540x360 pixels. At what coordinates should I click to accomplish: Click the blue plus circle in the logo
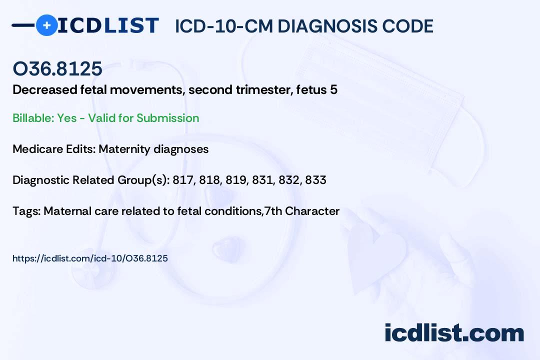tap(46, 25)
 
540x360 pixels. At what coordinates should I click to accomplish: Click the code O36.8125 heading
tap(57, 68)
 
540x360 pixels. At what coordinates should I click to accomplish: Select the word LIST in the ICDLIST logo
tap(131, 25)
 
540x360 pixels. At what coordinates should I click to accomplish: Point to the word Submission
tap(167, 118)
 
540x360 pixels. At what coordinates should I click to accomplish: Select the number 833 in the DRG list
tap(316, 180)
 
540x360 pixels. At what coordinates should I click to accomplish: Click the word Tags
tap(26, 211)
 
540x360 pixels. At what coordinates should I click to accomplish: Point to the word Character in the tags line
tap(312, 211)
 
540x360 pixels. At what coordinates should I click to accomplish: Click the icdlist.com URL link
tap(90, 258)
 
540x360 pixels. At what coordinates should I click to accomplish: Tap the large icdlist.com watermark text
tap(454, 332)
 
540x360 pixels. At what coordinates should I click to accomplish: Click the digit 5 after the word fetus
tap(333, 90)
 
